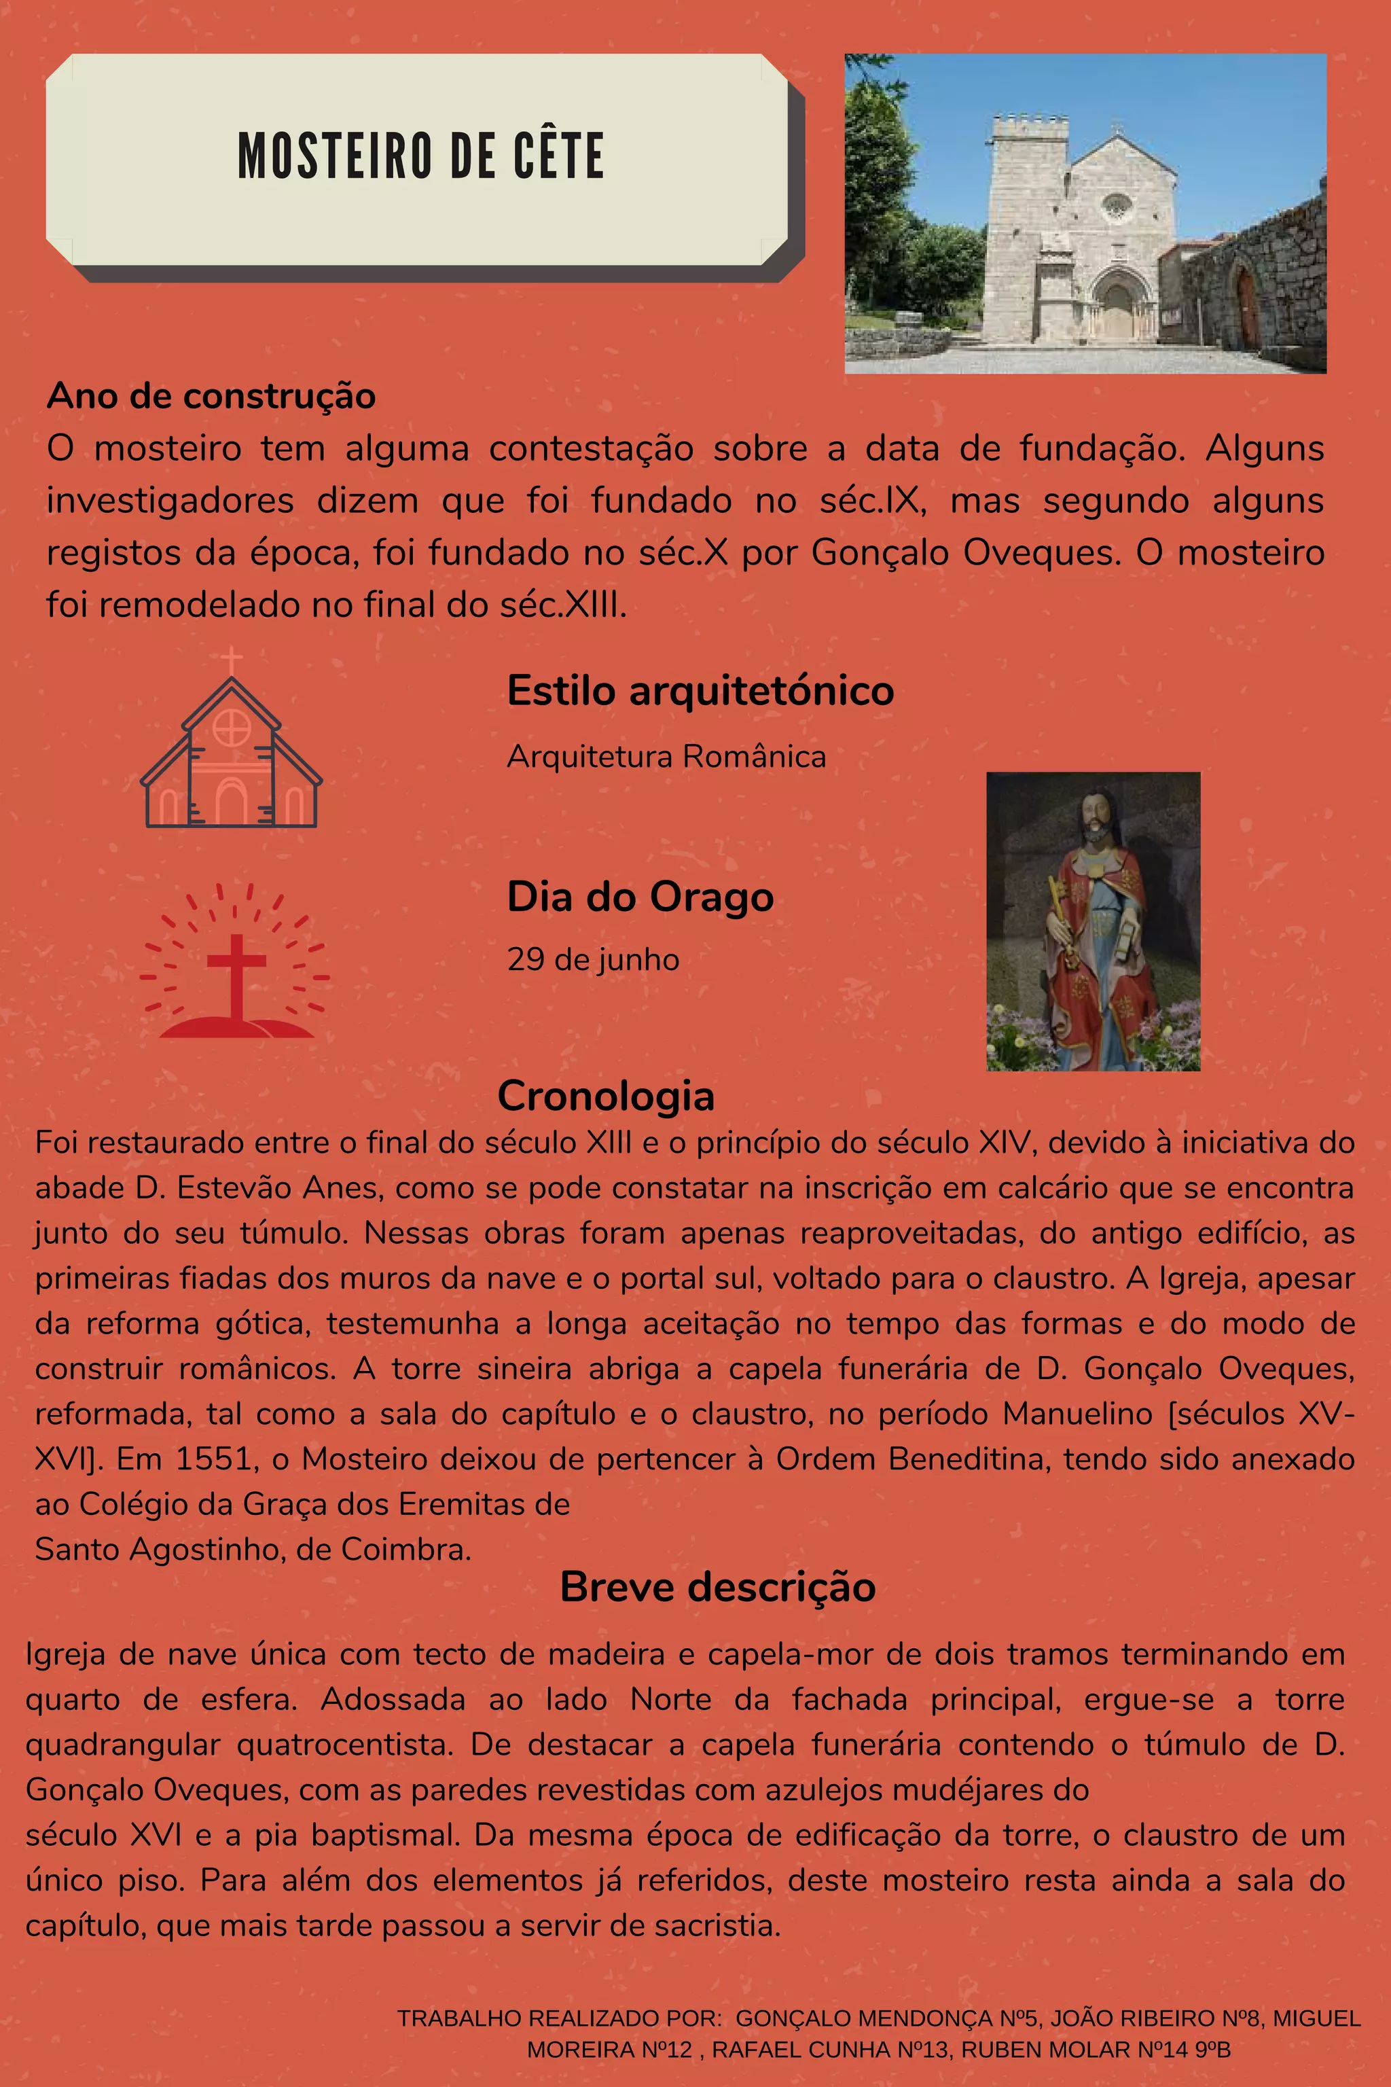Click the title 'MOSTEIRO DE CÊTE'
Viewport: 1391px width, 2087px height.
click(420, 156)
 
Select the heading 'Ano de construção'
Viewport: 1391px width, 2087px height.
click(211, 396)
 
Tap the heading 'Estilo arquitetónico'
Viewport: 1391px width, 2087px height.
click(700, 690)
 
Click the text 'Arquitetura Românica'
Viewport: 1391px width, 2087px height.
click(666, 757)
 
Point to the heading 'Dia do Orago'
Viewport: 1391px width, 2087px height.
click(640, 896)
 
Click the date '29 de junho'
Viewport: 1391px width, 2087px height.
click(592, 959)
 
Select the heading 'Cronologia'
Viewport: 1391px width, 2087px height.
click(606, 1096)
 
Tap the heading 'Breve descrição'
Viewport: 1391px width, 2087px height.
click(718, 1586)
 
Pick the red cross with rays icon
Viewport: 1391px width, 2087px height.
click(235, 967)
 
